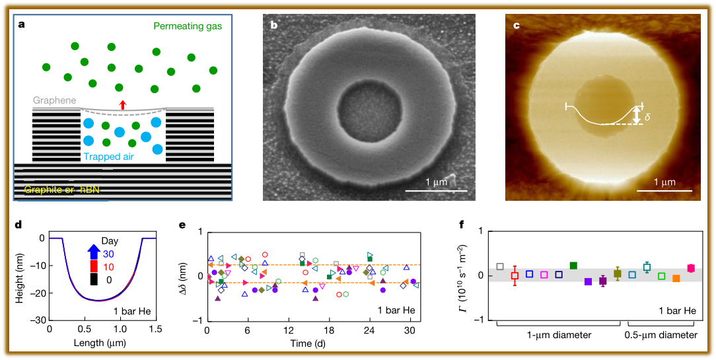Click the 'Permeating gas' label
pos(188,26)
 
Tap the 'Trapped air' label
pos(112,157)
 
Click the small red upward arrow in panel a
pos(122,104)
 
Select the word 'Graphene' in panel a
pos(55,100)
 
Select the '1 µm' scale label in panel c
pos(666,182)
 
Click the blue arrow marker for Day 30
pos(93,252)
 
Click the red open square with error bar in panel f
pos(515,275)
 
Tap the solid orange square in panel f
pos(676,279)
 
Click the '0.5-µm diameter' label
pos(661,335)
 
